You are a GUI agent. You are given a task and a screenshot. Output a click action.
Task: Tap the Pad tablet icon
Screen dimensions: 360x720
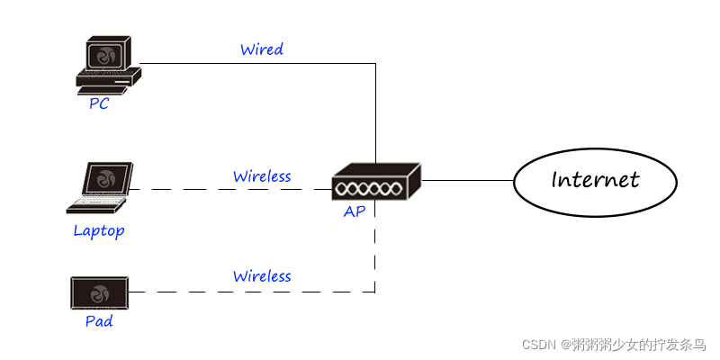99,292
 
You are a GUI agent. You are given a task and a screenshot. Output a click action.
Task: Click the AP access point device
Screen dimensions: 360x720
375,183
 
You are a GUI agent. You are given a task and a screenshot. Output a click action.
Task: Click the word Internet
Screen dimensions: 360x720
595,180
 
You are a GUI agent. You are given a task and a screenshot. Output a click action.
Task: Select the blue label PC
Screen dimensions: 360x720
99,103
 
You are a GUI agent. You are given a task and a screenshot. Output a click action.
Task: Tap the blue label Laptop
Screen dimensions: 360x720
99,231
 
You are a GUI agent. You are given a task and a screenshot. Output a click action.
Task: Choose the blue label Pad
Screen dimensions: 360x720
99,320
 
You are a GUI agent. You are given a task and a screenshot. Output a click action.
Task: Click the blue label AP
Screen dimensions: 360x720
354,212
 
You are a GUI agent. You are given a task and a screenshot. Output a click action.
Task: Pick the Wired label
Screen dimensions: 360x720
262,49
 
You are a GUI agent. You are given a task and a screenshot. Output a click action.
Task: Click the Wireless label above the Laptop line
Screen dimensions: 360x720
262,176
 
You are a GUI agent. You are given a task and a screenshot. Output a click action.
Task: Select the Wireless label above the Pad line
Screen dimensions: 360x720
262,276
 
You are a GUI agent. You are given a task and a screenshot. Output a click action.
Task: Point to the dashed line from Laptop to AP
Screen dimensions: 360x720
234,189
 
